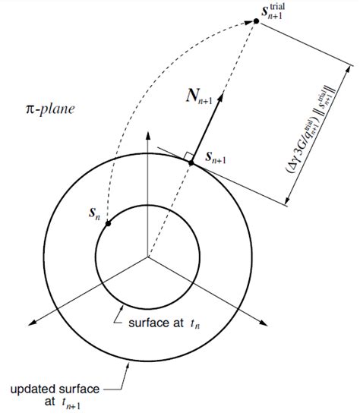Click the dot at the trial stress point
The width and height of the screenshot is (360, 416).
pos(256,20)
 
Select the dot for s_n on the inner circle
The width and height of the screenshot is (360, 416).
pos(109,224)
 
